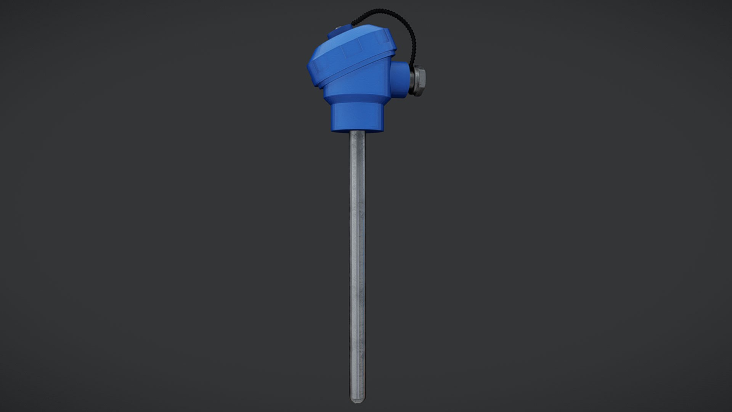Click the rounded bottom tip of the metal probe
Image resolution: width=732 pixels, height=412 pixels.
coord(357,399)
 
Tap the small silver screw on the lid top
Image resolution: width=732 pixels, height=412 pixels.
coord(339,27)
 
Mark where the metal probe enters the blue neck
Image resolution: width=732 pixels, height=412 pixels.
coord(357,132)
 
